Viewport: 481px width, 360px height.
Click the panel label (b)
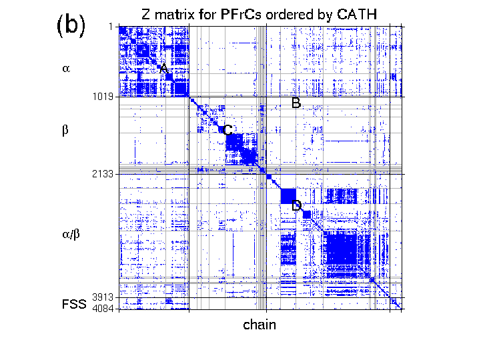coord(71,25)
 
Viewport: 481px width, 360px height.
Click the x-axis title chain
coord(260,325)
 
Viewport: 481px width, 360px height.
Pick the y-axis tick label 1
coord(110,26)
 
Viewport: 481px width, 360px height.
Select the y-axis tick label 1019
coord(103,97)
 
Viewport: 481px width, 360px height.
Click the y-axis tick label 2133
coord(103,174)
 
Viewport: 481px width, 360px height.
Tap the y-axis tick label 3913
coord(103,297)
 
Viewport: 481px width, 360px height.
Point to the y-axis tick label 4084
coord(103,309)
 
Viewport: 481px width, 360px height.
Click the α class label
coord(65,68)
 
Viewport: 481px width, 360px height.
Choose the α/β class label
coord(71,233)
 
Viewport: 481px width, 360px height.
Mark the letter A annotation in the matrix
coord(164,69)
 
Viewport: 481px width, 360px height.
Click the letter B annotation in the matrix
coord(296,103)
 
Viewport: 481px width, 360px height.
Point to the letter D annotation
coord(297,205)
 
